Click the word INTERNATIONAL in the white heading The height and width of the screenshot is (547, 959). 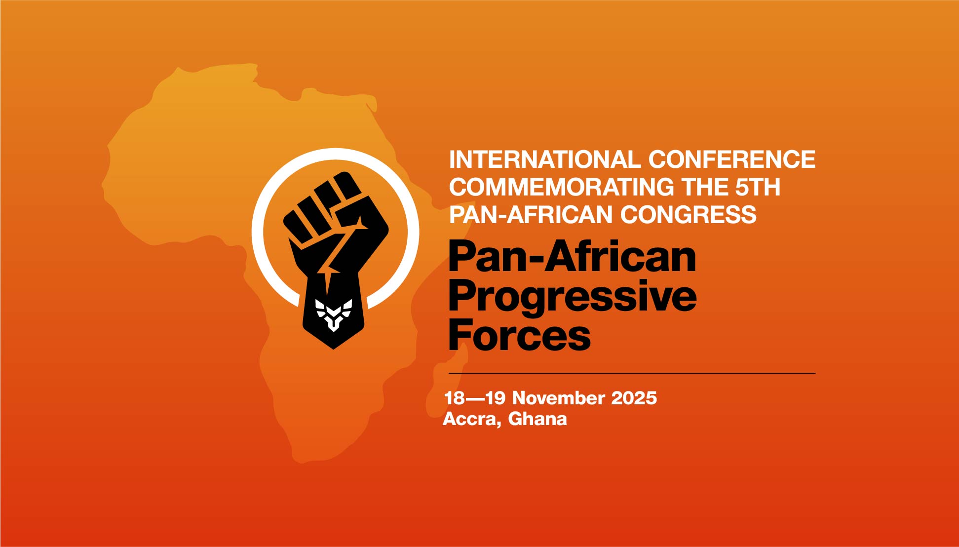[x=544, y=159]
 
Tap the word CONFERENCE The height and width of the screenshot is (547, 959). [x=731, y=159]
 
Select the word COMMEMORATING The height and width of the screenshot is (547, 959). [x=562, y=187]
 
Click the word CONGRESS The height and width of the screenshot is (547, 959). [x=688, y=215]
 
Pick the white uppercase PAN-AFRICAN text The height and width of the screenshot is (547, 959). [x=531, y=215]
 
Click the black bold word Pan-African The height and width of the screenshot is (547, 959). [x=572, y=257]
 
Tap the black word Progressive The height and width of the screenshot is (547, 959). [x=573, y=297]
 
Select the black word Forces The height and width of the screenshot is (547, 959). [x=519, y=335]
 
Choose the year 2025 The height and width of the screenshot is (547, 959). [x=634, y=398]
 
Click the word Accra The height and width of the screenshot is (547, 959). [x=472, y=419]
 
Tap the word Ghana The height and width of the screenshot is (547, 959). [x=537, y=419]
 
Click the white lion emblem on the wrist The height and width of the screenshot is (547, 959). [x=334, y=314]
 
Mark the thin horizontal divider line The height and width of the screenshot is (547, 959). [x=632, y=374]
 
